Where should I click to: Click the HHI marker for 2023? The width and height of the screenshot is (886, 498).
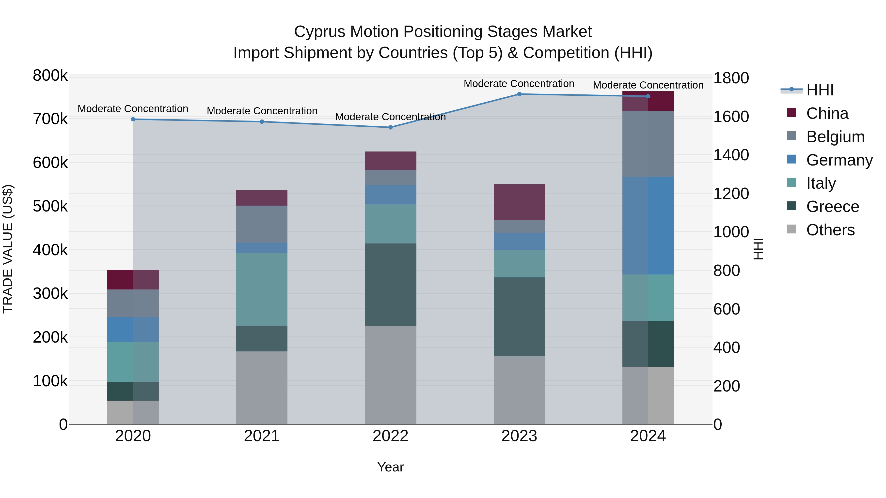519,94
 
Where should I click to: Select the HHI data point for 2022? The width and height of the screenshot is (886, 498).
390,127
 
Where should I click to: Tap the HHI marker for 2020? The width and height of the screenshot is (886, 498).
133,119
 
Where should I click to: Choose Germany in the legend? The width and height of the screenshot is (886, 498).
839,160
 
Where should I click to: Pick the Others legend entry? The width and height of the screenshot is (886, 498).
830,230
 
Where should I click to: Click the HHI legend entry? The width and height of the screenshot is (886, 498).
820,90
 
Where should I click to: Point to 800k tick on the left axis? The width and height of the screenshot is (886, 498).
50,75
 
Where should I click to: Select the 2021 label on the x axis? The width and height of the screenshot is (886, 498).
262,436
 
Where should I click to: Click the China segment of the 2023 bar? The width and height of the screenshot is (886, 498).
519,202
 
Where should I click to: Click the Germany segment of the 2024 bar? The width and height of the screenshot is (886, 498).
648,226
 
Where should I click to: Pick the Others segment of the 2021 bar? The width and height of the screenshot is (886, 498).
262,388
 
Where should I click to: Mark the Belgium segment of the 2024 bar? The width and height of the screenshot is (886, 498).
648,144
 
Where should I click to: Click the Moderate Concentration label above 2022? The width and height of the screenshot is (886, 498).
390,117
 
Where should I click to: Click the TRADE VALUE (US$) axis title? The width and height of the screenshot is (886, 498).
8,249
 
